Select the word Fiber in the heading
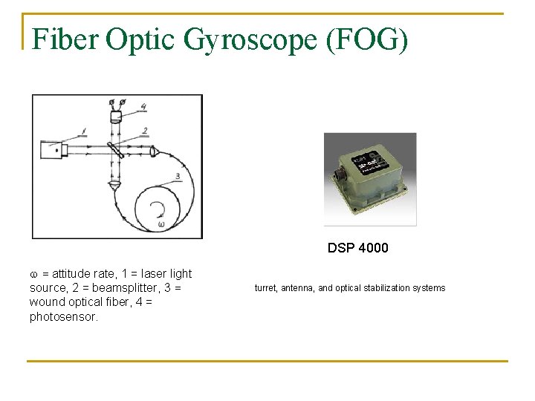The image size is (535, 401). pos(65,39)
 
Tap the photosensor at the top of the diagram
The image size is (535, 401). pos(116,115)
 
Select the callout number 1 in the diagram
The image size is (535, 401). pos(84,131)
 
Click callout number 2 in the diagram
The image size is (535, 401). pos(145,131)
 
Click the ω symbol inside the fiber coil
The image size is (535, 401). pos(161,224)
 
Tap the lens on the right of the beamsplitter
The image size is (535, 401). pos(153,151)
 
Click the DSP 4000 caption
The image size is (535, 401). pos(357,248)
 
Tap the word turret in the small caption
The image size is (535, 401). pos(265,288)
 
